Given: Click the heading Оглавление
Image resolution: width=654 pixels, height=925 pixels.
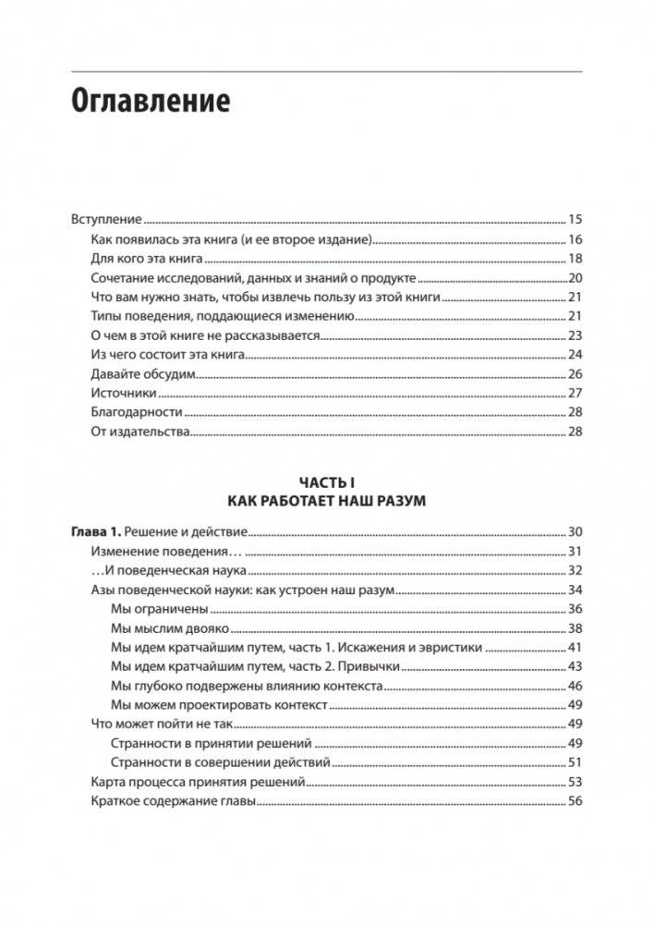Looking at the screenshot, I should pos(151,101).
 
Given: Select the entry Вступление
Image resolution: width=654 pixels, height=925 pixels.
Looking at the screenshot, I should pos(106,220).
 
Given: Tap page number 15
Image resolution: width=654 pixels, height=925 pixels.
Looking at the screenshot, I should pos(575,220).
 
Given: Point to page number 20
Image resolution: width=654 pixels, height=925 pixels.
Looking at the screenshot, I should pos(575,278).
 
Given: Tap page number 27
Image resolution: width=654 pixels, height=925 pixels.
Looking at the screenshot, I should pos(575,393).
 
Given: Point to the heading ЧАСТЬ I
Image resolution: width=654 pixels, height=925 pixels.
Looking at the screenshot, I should pos(327,481).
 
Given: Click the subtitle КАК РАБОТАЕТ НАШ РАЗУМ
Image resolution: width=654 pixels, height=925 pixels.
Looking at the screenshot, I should pos(327,501).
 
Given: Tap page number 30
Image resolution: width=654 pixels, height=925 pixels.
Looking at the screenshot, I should pos(575,532).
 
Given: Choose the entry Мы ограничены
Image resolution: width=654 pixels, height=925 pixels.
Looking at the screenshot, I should pos(159,609).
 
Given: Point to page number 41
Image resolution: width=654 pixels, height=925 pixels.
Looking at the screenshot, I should pos(575,648).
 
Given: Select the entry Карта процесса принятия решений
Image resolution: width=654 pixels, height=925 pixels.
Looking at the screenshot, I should pos(199,782).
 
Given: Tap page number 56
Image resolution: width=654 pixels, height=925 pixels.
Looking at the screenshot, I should pos(575,801).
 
